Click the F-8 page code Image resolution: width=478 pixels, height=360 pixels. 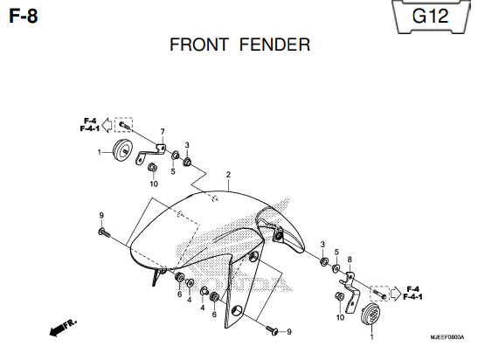24,16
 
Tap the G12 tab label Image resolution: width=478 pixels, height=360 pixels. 430,16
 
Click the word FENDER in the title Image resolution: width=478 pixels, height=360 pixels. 274,45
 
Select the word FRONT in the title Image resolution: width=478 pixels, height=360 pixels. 199,45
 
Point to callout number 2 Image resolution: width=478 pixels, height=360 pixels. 228,175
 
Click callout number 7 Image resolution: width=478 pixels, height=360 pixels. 163,132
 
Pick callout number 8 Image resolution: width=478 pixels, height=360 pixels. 350,260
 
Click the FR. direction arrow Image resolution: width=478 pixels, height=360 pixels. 63,328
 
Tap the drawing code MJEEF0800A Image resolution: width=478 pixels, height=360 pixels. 447,337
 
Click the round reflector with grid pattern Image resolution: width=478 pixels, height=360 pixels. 371,314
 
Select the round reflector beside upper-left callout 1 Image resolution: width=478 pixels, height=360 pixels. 123,152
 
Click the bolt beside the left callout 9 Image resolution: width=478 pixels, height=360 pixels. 104,233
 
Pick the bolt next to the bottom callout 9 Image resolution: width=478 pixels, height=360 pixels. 273,330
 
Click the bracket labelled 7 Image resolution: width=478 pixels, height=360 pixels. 150,154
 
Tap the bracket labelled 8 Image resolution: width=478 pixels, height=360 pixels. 350,292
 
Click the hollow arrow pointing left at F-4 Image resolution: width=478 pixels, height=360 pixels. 107,125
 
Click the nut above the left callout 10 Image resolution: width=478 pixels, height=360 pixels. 151,168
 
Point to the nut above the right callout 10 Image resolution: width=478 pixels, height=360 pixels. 339,296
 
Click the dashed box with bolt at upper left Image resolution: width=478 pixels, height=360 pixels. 123,125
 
